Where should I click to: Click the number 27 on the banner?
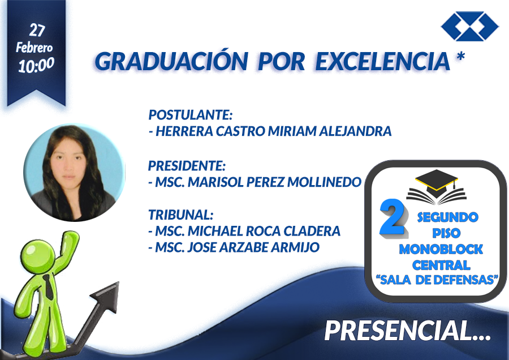click(37, 31)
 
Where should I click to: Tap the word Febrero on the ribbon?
click(34, 48)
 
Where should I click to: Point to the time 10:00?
click(36, 65)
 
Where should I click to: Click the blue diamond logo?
click(470, 26)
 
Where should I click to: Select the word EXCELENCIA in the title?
click(383, 61)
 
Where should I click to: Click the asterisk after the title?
click(460, 56)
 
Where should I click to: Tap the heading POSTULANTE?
click(191, 115)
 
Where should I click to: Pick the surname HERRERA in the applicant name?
click(184, 131)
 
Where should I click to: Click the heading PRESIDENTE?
click(187, 166)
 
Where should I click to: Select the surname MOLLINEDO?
click(324, 182)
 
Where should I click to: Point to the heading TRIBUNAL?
click(181, 215)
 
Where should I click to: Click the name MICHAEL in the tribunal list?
click(215, 231)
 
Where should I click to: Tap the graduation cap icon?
click(437, 187)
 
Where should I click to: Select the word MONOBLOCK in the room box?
click(441, 249)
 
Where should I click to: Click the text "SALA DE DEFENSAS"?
click(437, 280)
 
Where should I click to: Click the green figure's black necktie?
click(49, 287)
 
